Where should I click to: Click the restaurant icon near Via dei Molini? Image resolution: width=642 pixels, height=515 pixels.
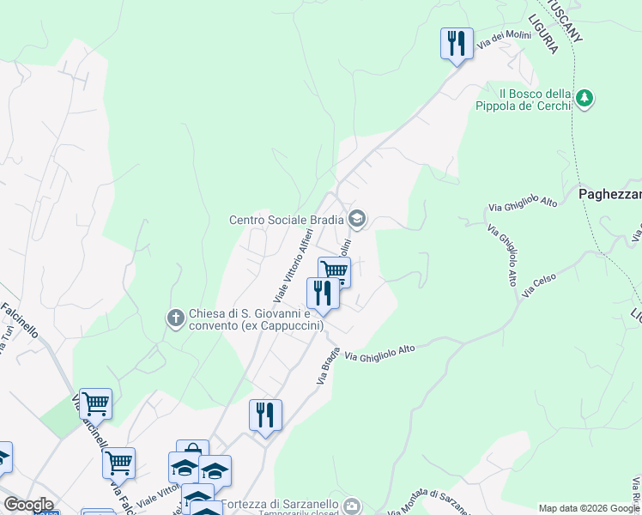(457, 43)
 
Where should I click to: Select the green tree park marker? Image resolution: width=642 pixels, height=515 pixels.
(584, 99)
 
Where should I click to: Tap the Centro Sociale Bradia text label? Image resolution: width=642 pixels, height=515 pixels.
(286, 220)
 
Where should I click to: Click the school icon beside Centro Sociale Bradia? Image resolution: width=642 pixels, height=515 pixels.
(358, 220)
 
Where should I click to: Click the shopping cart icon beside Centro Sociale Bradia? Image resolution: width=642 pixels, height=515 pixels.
(334, 272)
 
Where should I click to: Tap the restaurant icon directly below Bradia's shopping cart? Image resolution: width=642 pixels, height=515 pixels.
(323, 292)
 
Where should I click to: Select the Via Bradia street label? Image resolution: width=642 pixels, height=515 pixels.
(330, 365)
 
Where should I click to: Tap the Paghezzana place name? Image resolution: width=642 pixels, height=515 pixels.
(609, 194)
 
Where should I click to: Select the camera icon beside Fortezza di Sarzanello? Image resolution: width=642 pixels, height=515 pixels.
(352, 506)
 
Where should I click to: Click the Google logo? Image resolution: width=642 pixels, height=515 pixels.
(28, 505)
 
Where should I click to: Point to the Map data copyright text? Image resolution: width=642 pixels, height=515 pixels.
(589, 508)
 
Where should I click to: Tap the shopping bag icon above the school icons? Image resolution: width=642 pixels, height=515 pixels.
(193, 450)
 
